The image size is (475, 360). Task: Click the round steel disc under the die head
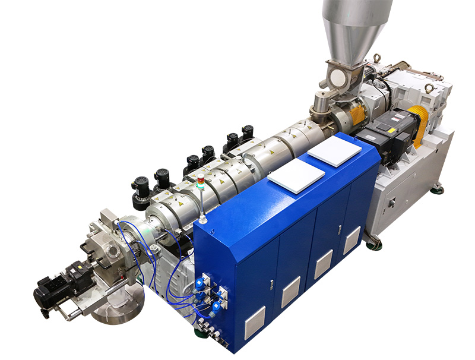click(x=118, y=306)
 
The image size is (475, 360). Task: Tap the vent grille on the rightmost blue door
click(x=351, y=240)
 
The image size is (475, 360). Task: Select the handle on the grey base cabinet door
click(x=392, y=203)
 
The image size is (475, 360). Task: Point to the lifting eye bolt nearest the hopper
click(x=376, y=58)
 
